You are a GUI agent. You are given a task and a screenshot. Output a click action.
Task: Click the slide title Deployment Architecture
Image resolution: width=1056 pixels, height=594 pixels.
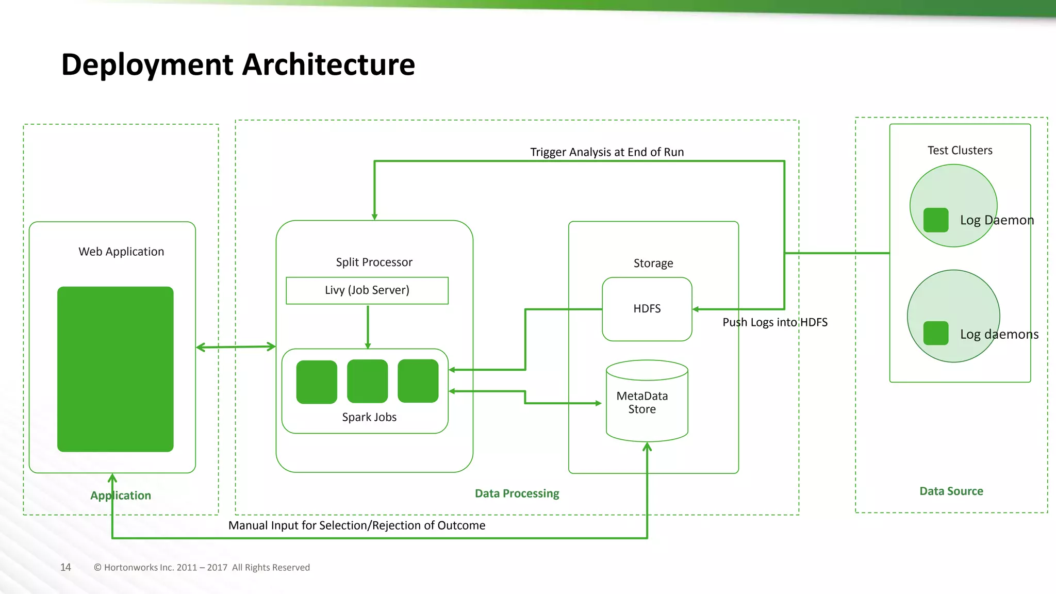click(x=238, y=64)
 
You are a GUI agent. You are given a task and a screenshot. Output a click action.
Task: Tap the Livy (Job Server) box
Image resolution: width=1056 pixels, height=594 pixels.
click(x=367, y=290)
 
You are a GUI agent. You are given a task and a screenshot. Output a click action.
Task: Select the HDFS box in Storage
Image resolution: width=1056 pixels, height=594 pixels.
click(x=647, y=309)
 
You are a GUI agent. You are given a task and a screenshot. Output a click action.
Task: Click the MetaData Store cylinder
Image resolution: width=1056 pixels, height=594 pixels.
click(x=647, y=402)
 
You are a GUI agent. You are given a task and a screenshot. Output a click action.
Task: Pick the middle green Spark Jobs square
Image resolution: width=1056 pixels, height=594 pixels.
click(x=367, y=381)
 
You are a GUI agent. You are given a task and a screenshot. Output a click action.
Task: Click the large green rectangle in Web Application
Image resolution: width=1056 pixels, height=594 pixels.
click(x=115, y=369)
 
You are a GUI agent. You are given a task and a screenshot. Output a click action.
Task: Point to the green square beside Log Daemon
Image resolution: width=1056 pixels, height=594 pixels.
click(x=935, y=220)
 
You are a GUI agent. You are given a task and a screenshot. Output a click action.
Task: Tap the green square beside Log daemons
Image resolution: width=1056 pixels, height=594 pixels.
click(x=935, y=333)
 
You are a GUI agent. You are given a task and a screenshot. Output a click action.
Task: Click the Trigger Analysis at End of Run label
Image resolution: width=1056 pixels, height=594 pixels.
click(x=607, y=152)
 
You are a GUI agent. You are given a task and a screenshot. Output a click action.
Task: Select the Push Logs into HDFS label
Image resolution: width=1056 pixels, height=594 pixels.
click(x=774, y=322)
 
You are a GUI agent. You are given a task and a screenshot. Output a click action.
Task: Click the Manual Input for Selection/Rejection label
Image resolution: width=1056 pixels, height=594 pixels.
click(x=356, y=525)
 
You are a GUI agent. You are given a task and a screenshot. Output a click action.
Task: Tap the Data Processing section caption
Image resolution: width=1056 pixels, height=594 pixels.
click(x=517, y=493)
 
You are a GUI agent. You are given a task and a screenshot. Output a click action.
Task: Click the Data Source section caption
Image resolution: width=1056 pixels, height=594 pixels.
click(x=951, y=491)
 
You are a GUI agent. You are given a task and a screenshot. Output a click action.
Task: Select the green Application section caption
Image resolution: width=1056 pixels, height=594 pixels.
click(x=121, y=496)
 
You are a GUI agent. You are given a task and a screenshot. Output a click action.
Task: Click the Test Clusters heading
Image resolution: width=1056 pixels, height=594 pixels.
click(x=960, y=150)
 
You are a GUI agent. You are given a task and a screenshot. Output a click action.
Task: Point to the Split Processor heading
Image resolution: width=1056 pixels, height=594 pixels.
click(x=374, y=262)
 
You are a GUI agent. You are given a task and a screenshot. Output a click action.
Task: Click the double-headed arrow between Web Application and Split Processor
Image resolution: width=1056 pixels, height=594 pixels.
click(x=236, y=347)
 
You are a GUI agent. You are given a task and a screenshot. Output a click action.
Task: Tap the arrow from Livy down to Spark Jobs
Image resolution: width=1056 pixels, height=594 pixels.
click(x=368, y=326)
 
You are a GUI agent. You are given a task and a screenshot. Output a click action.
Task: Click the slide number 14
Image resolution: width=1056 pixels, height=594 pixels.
click(x=65, y=567)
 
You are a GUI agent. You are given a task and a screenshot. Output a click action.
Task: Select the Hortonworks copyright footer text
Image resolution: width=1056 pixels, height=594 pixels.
click(x=202, y=567)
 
